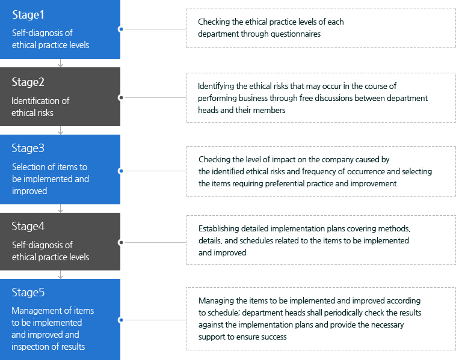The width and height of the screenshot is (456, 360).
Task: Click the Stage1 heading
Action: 28,15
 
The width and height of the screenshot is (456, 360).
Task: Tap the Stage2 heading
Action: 28,82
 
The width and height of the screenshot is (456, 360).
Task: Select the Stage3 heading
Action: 28,148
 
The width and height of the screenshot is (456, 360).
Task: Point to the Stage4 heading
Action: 28,226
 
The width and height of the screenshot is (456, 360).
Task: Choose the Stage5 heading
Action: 28,292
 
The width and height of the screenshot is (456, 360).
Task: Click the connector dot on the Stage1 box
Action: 121,29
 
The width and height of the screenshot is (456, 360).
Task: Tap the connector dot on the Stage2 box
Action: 121,97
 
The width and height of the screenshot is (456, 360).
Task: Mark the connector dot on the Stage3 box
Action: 121,171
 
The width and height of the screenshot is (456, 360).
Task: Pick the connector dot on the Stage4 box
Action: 121,242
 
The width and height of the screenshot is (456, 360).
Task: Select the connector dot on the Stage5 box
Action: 121,320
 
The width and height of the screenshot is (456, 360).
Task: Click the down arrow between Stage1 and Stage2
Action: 60,63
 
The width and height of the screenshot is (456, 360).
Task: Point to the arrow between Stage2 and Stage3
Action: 60,130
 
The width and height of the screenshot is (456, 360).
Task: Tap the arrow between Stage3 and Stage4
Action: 60,209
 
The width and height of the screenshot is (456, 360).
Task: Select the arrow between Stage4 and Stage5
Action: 60,275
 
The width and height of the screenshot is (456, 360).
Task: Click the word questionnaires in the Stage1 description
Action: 295,34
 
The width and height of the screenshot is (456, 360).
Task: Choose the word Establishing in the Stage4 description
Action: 219,229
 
